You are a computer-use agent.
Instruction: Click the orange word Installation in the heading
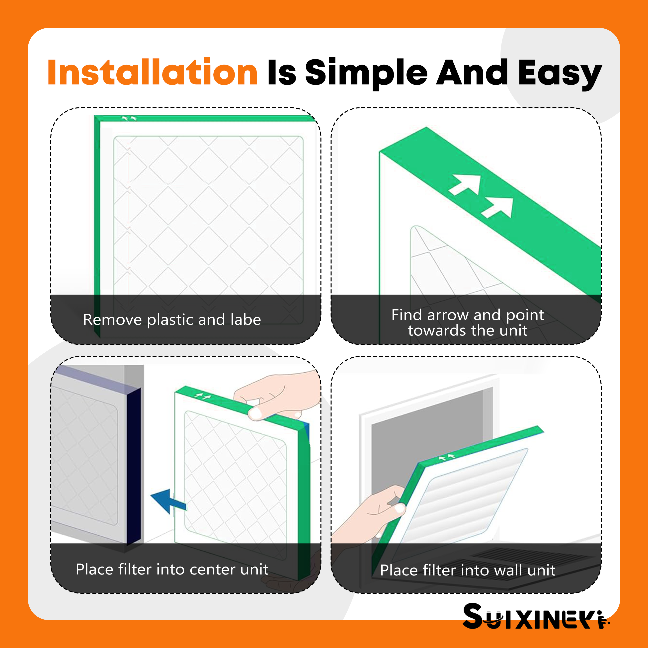153,72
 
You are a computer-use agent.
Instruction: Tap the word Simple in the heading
366,74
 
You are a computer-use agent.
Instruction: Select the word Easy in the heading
560,74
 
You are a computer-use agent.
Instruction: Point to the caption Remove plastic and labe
172,319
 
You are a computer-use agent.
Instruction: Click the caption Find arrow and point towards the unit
468,322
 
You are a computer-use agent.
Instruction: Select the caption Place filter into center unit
172,569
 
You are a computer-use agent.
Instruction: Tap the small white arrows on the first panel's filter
129,118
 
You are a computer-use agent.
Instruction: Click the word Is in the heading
282,72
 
